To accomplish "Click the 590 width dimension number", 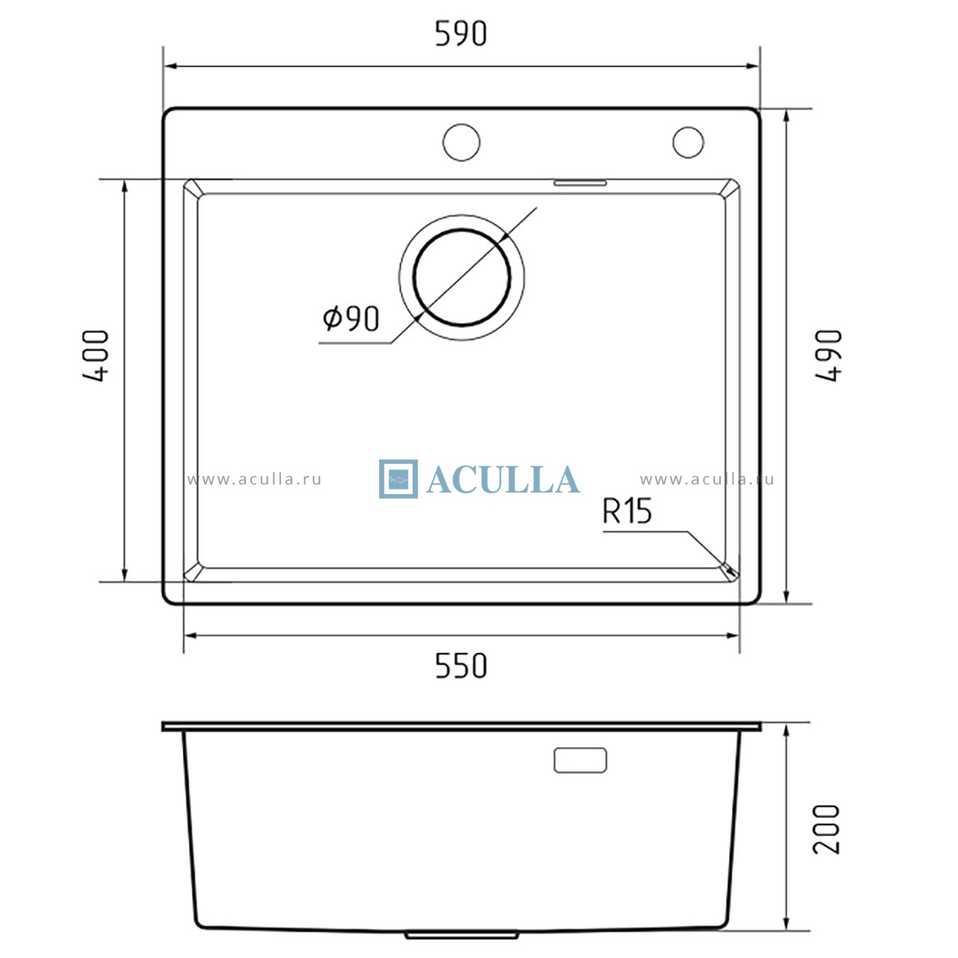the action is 461,34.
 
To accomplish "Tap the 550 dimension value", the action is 461,666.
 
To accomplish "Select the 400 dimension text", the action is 95,355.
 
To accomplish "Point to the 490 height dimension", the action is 829,355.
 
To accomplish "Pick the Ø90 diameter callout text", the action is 351,319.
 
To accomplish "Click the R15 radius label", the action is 627,511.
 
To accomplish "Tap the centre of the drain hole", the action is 461,277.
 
